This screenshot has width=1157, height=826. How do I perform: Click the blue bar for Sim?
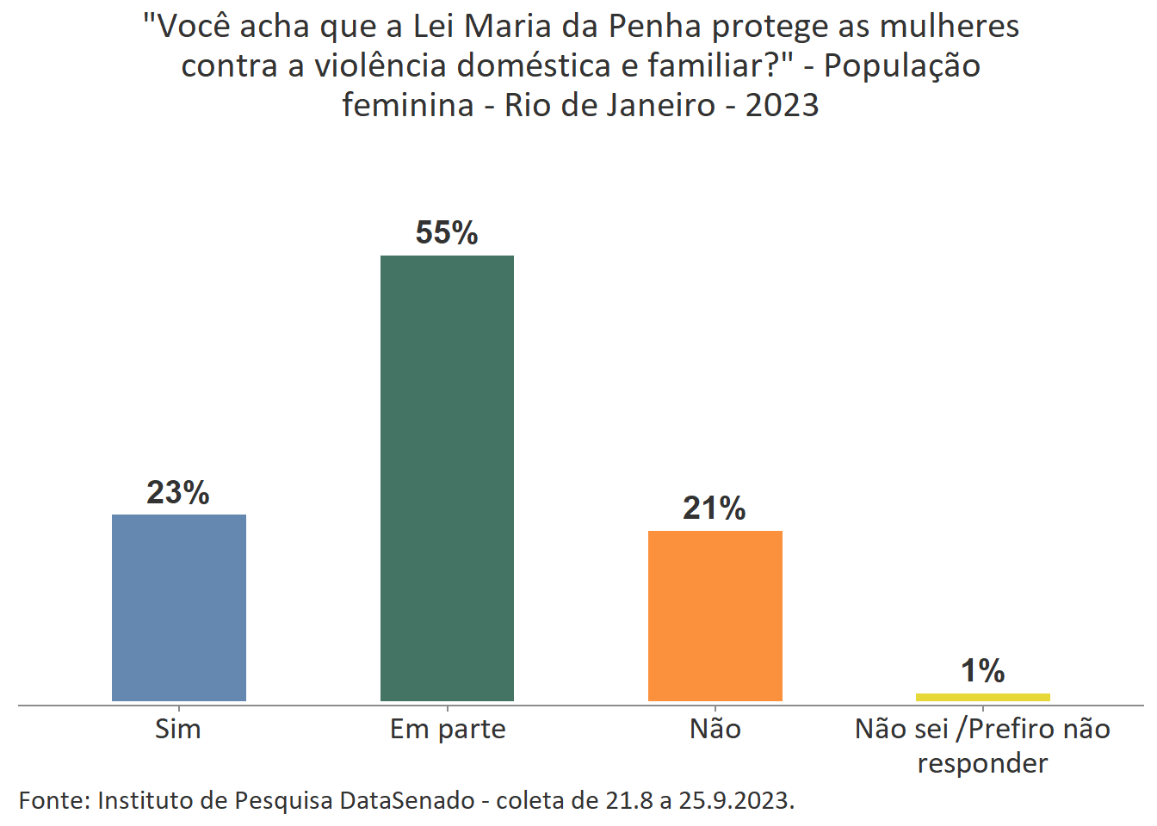(x=179, y=607)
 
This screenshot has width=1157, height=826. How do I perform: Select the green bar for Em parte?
(x=447, y=478)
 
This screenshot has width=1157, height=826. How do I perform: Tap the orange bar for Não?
(x=715, y=616)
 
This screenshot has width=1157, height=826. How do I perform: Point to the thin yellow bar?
(x=982, y=697)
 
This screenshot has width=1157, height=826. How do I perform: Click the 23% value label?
(x=178, y=493)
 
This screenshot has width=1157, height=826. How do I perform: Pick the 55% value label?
(x=447, y=233)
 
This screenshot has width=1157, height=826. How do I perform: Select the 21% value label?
(x=715, y=509)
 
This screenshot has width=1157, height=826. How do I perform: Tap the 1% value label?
(x=982, y=671)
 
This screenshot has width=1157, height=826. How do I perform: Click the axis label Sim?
(x=178, y=729)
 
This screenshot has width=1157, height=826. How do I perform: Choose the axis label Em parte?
(x=448, y=730)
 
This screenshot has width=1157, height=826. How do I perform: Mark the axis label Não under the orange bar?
(x=715, y=729)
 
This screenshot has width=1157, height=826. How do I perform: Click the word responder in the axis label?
(x=982, y=763)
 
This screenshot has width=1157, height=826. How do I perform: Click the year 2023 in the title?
(x=782, y=106)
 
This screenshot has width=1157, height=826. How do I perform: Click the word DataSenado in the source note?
(x=407, y=800)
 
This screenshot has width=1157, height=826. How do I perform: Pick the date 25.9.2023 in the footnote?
(x=736, y=800)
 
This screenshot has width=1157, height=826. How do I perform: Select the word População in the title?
(x=902, y=66)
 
